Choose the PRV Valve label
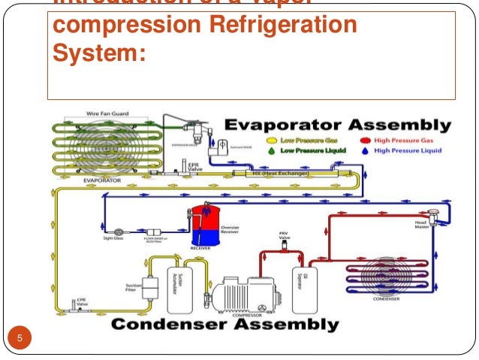[x=283, y=237]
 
